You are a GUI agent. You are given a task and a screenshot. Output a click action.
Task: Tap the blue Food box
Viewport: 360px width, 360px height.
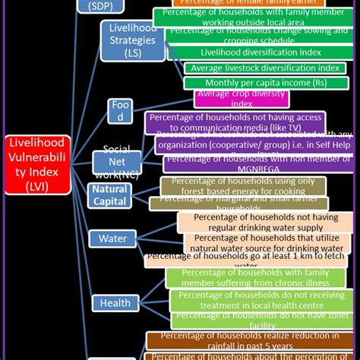point(119,111)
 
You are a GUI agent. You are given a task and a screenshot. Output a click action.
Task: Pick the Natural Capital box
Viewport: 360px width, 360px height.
point(110,195)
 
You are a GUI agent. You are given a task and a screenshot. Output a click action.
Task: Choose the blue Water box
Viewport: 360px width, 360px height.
point(112,239)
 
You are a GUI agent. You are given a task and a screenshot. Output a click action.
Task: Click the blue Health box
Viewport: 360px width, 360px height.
point(115,303)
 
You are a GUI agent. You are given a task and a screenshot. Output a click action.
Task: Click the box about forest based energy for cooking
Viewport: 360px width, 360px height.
point(243,186)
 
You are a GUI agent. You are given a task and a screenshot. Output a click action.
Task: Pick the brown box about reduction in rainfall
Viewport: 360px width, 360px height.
point(250,339)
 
